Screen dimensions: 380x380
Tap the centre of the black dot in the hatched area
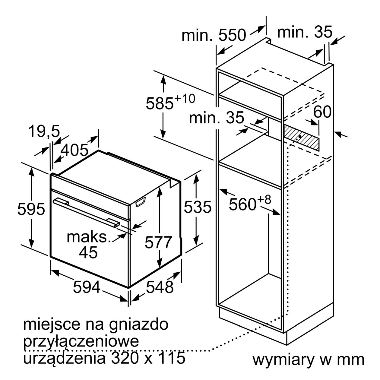[299, 136]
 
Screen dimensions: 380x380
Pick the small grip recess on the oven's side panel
[141, 201]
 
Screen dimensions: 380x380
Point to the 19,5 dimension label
[44, 131]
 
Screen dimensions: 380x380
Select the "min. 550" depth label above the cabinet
[214, 35]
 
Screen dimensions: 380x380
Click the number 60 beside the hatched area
[322, 112]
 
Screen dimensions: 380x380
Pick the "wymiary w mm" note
[309, 360]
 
